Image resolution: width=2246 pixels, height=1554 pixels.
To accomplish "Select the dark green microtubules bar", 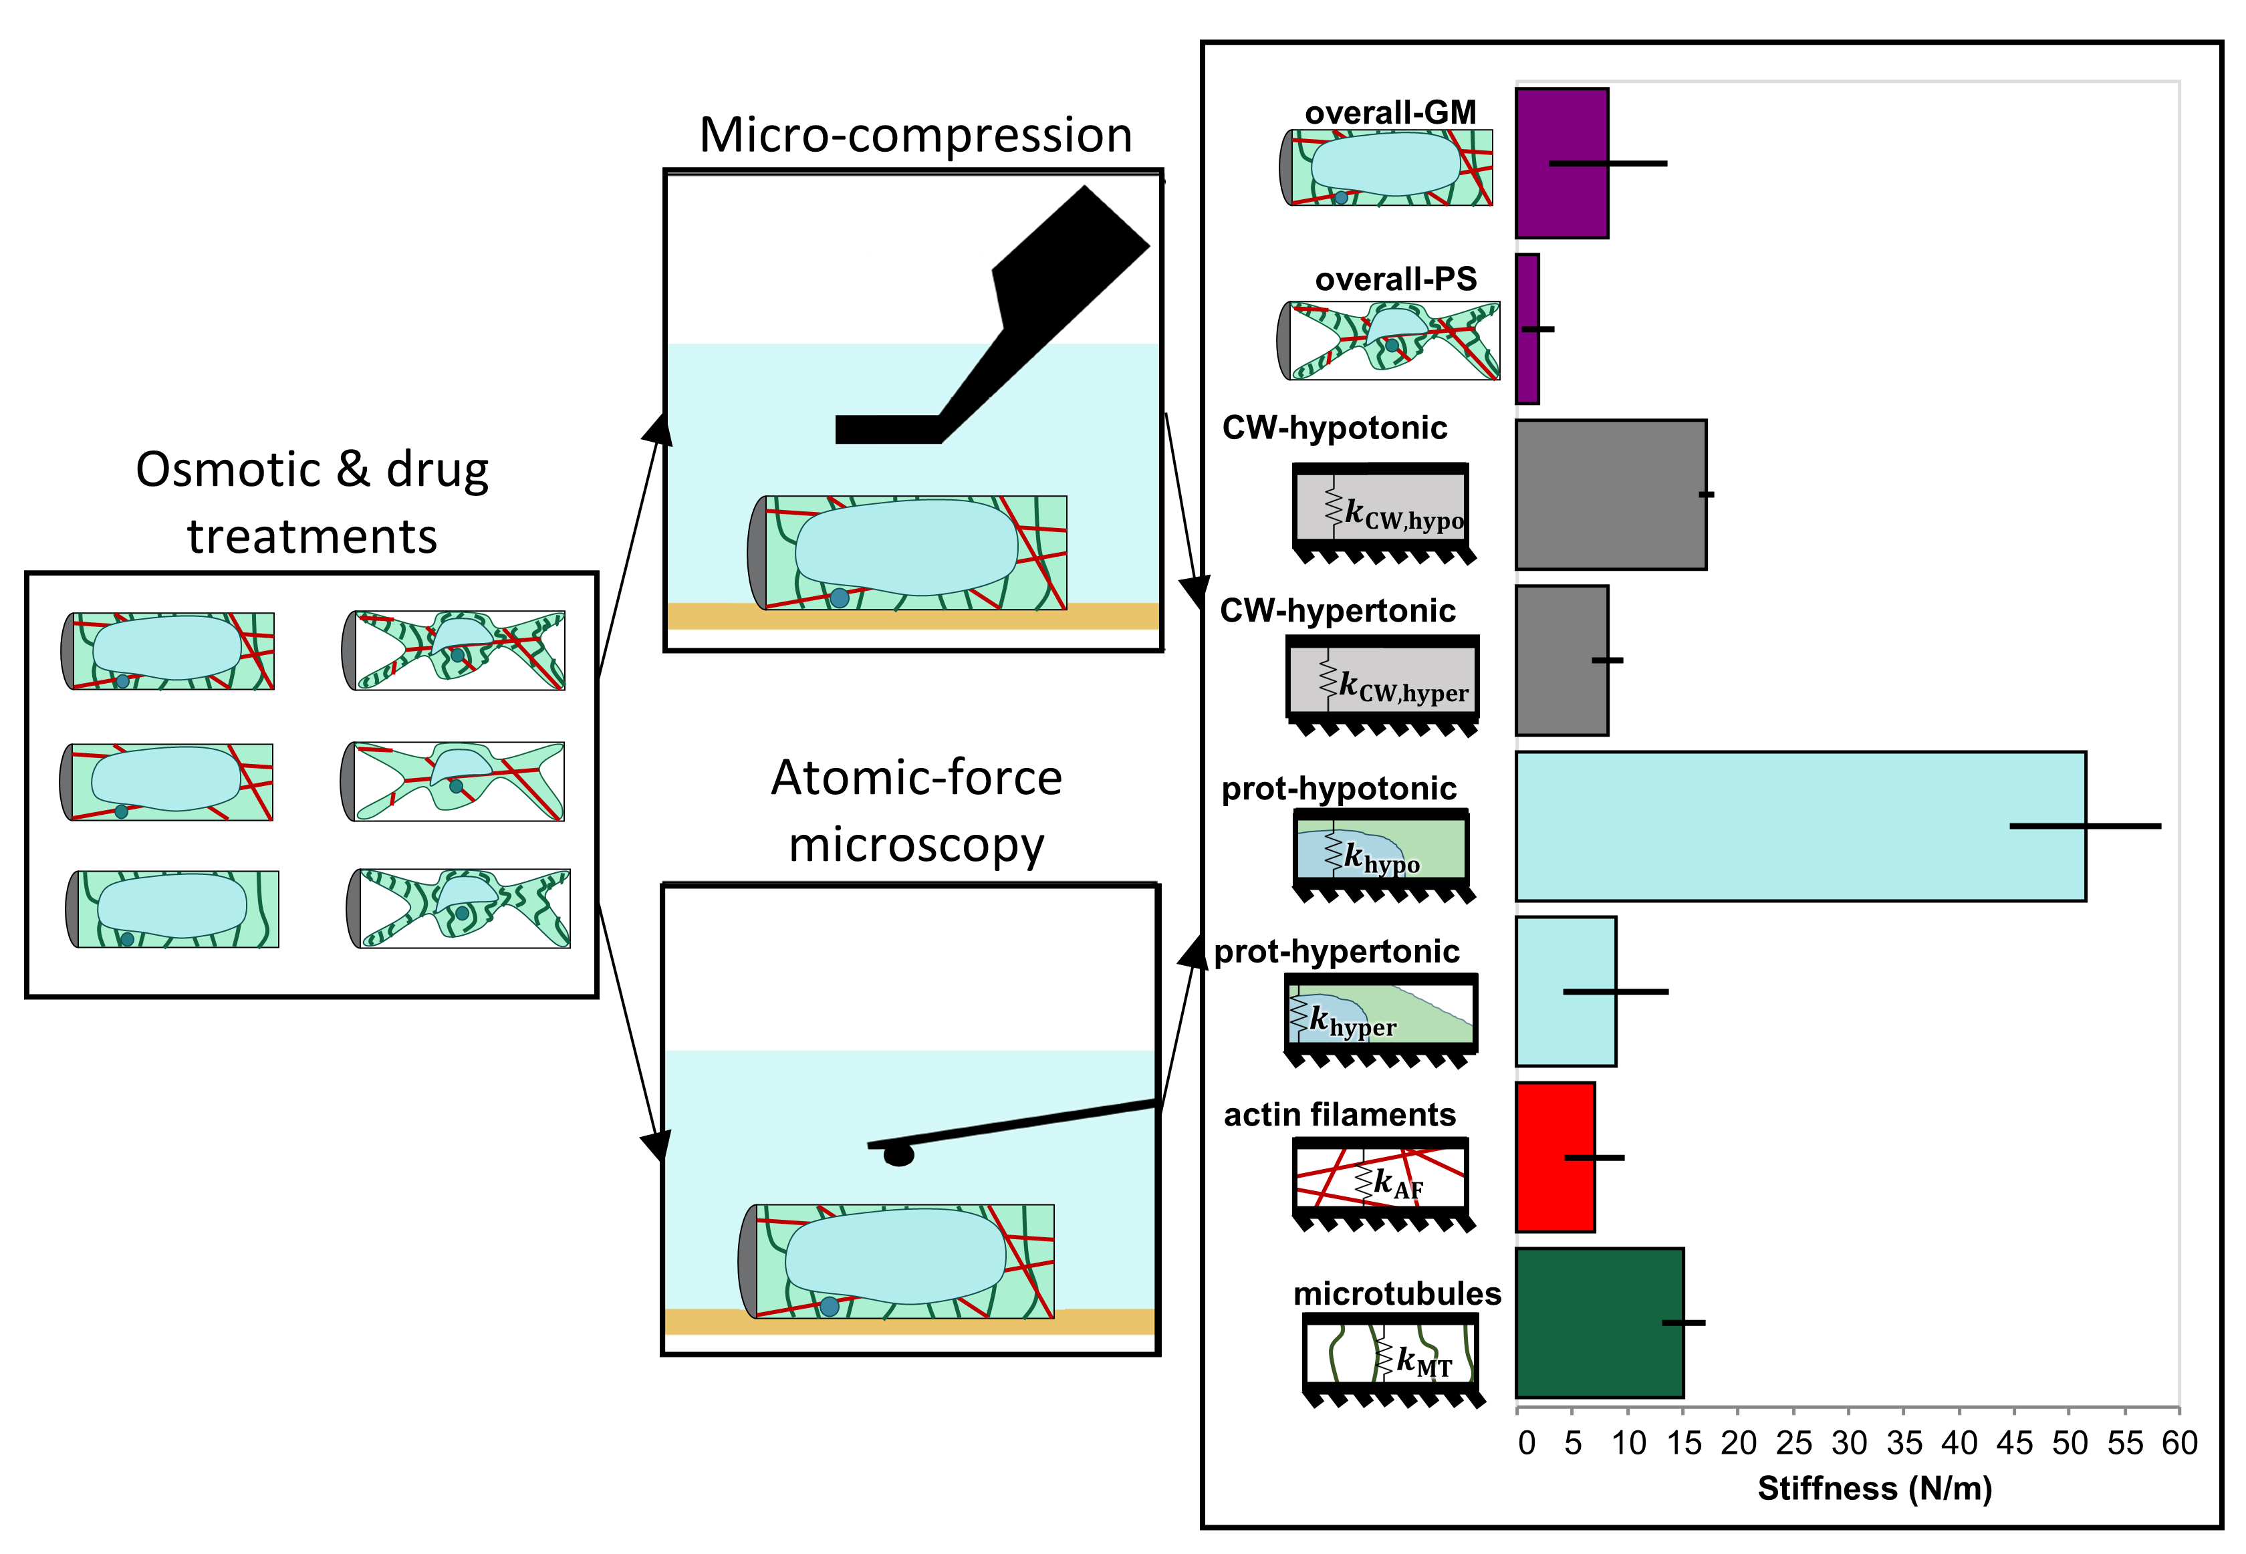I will click(x=1598, y=1322).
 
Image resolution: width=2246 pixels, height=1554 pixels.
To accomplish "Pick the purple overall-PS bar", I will click(x=1527, y=329).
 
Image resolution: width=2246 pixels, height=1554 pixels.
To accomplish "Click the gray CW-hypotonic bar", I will click(x=1610, y=495).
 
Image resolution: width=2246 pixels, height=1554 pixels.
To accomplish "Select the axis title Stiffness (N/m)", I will click(x=1874, y=1488).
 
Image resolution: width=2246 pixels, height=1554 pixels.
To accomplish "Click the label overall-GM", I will click(x=1390, y=113).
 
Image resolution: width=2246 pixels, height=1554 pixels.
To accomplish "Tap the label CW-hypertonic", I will click(x=1338, y=610).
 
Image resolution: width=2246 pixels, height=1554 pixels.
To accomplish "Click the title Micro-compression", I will click(x=915, y=134).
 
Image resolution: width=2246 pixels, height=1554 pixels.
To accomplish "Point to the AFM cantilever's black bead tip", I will click(x=898, y=1156).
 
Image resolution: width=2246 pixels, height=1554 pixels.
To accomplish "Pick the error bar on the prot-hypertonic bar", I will click(x=1615, y=991).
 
